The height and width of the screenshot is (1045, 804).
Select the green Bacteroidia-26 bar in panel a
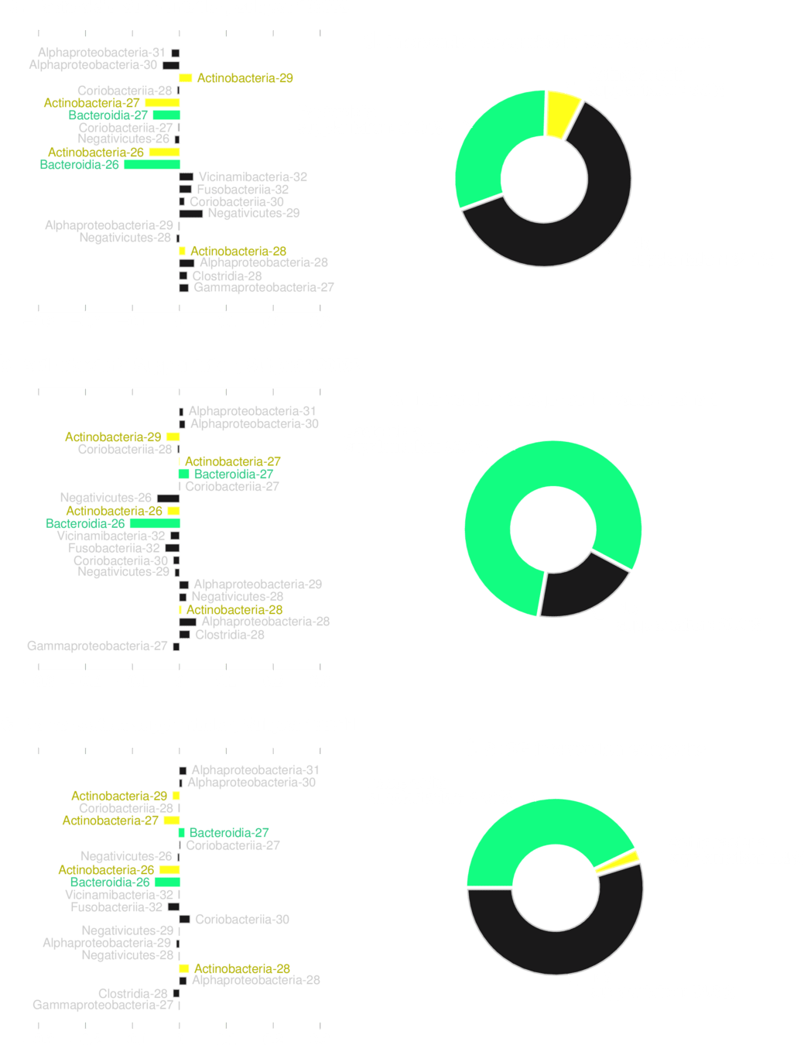tap(152, 165)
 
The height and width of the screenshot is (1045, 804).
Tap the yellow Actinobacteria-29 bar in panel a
tap(186, 78)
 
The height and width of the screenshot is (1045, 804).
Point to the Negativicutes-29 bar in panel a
tap(191, 214)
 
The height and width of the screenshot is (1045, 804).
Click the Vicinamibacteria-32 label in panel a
tap(252, 177)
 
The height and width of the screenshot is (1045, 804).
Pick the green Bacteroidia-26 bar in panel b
tap(155, 524)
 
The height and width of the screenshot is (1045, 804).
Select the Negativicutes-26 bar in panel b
tap(168, 499)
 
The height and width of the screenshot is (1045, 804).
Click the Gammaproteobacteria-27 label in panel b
tap(97, 646)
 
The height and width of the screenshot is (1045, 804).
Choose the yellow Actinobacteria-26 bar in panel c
tap(169, 871)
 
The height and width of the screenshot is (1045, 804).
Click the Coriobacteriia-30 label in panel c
tap(242, 920)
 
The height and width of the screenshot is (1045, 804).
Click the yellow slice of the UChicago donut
tap(563, 114)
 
